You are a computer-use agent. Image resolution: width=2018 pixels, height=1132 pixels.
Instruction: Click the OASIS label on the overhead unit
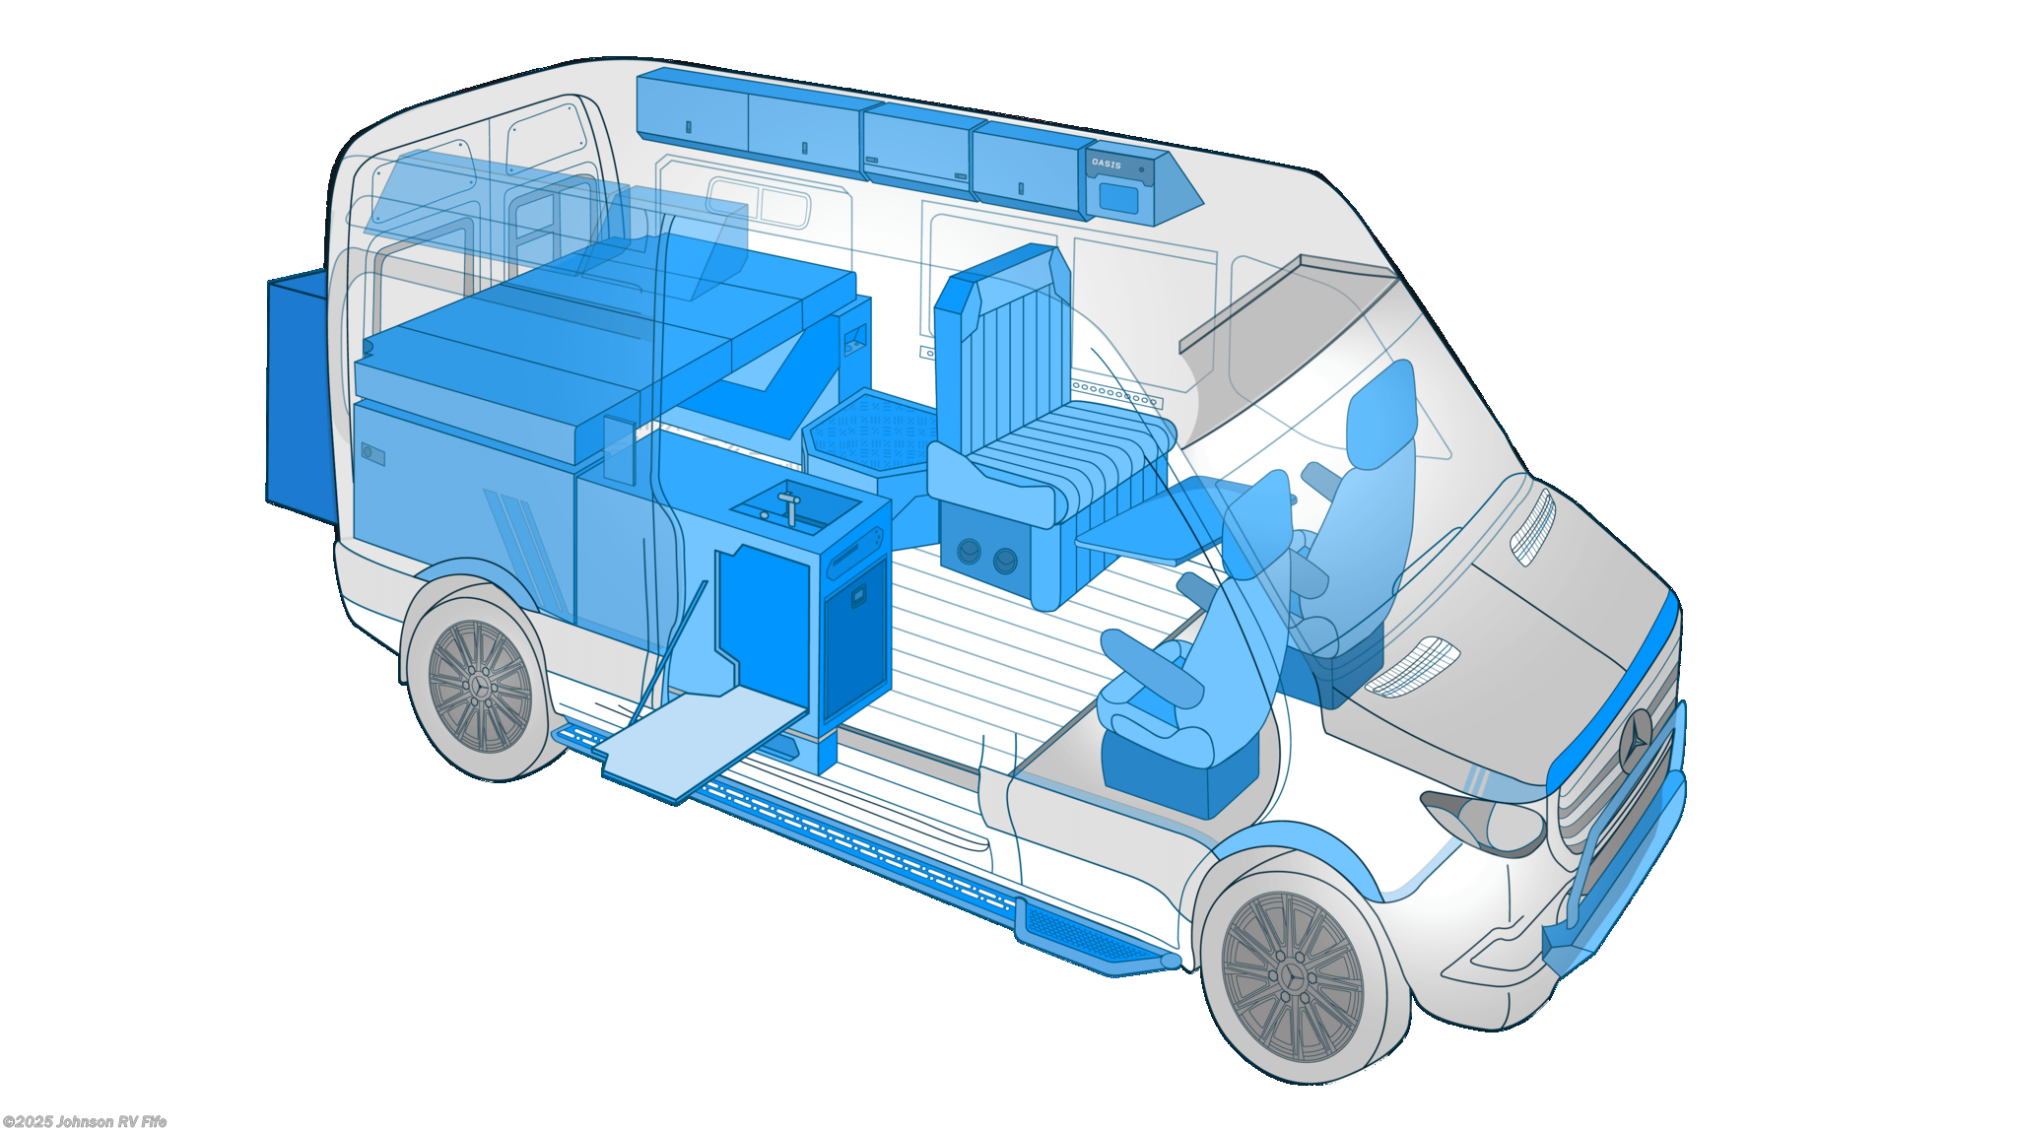(1107, 164)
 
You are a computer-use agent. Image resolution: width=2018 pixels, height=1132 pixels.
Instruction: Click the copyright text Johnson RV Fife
(85, 1122)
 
